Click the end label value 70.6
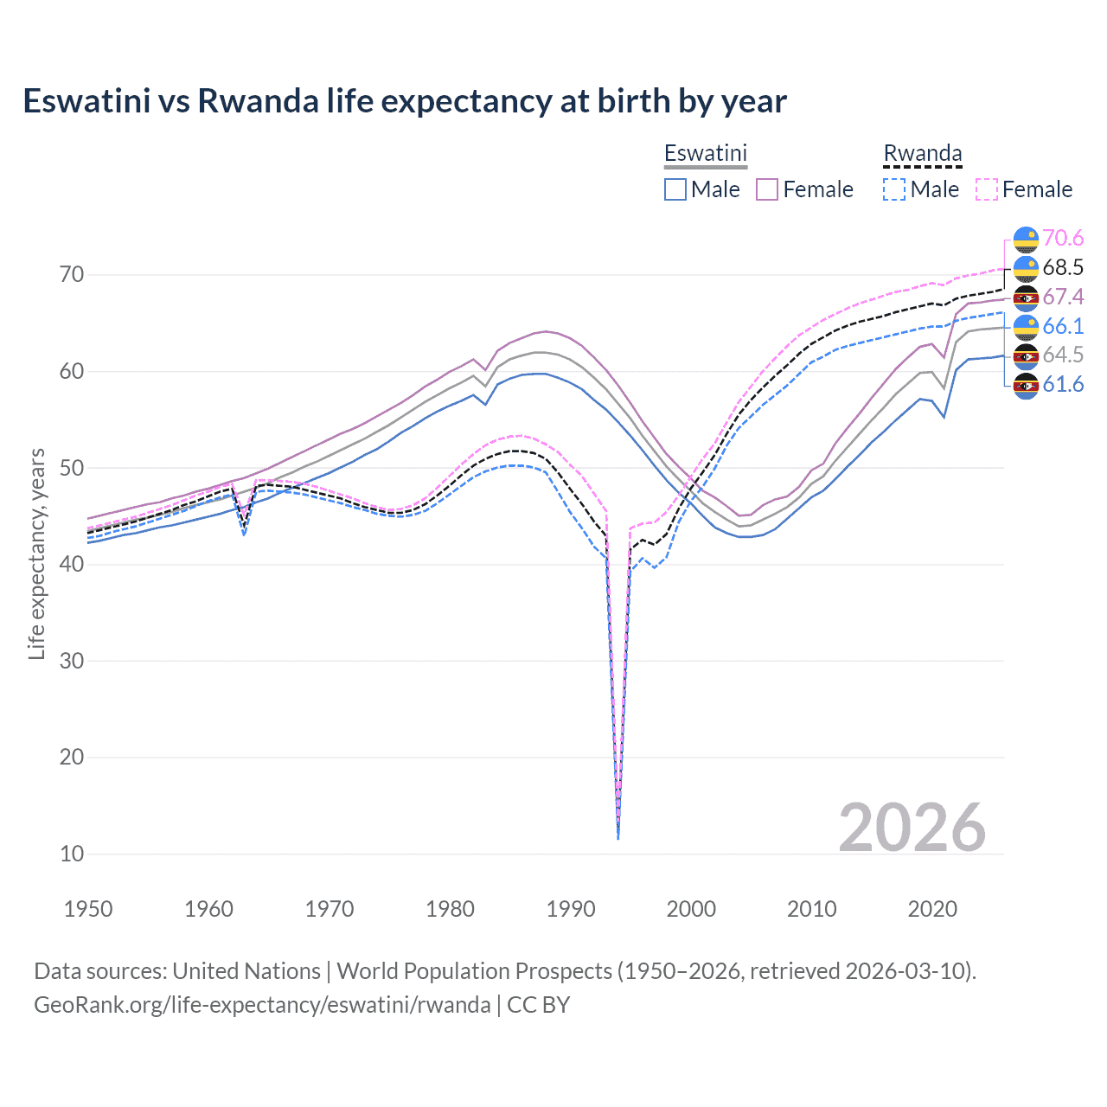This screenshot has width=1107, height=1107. pyautogui.click(x=1063, y=238)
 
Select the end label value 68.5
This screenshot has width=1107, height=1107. pyautogui.click(x=1063, y=267)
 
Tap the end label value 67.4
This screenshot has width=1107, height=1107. pyautogui.click(x=1063, y=297)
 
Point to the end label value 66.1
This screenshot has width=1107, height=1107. pyautogui.click(x=1063, y=326)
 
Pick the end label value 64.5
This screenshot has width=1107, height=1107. pyautogui.click(x=1063, y=355)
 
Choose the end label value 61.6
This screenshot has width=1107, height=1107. pyautogui.click(x=1063, y=384)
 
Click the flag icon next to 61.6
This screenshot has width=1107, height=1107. pyautogui.click(x=1026, y=385)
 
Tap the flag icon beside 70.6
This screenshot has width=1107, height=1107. pyautogui.click(x=1026, y=239)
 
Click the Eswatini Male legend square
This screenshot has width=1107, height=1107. pyautogui.click(x=675, y=189)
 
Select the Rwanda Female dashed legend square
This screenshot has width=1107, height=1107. pyautogui.click(x=987, y=189)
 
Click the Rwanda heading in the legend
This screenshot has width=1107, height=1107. pyautogui.click(x=922, y=154)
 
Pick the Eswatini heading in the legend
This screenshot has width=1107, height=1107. pyautogui.click(x=705, y=154)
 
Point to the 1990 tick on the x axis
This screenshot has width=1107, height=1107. pyautogui.click(x=571, y=909)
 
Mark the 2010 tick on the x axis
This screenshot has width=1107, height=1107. pyautogui.click(x=811, y=909)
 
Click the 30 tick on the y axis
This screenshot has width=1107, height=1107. pyautogui.click(x=72, y=661)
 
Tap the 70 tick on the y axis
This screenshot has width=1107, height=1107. pyautogui.click(x=72, y=275)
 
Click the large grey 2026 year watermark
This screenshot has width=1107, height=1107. pyautogui.click(x=912, y=828)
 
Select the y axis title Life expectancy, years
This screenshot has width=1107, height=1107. pyautogui.click(x=37, y=553)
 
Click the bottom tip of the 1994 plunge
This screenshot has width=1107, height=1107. pyautogui.click(x=617, y=838)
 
